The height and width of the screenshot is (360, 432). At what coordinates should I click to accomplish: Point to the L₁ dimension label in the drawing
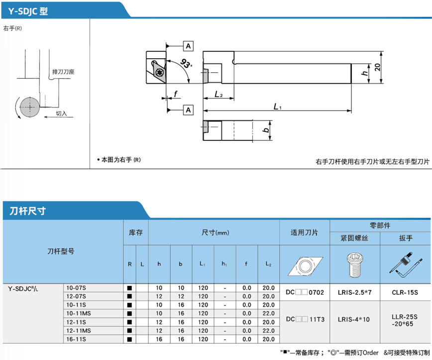pyautogui.click(x=278, y=106)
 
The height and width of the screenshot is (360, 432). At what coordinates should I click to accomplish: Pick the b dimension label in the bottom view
pyautogui.click(x=266, y=131)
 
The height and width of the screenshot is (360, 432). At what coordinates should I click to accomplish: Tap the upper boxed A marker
pyautogui.click(x=188, y=46)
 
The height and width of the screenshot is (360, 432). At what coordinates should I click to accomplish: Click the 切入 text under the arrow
pyautogui.click(x=61, y=114)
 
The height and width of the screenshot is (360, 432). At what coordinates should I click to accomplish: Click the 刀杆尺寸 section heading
pyautogui.click(x=28, y=211)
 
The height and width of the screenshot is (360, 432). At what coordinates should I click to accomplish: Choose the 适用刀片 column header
pyautogui.click(x=305, y=233)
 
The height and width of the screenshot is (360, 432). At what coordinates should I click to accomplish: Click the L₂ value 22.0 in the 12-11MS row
pyautogui.click(x=268, y=331)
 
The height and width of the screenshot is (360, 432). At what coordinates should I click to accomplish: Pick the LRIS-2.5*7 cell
pyautogui.click(x=354, y=292)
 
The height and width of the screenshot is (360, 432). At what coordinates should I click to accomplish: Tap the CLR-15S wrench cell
pyautogui.click(x=405, y=292)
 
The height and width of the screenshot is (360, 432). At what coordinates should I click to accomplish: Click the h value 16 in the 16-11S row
pyautogui.click(x=159, y=339)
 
